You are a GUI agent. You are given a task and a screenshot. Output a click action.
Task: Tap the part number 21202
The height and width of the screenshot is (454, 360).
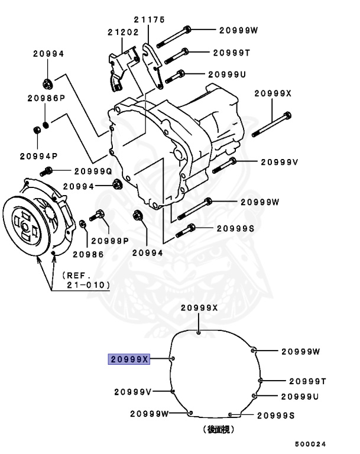122,31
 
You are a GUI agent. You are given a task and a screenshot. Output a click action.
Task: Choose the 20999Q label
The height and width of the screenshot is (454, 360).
93,171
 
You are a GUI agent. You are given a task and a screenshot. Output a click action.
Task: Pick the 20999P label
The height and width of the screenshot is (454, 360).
110,241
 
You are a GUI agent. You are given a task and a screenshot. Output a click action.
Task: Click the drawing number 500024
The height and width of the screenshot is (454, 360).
311,444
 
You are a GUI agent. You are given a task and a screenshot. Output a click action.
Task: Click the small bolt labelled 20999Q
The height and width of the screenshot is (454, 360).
46,171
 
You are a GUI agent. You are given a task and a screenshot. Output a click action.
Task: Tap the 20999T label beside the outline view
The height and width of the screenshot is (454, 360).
307,381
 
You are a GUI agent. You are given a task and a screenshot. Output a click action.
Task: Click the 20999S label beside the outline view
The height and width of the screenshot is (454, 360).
275,416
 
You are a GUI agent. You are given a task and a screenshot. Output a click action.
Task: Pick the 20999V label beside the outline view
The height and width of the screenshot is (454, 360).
133,391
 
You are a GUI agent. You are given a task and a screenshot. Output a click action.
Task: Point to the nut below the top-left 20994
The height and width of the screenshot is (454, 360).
47,81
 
